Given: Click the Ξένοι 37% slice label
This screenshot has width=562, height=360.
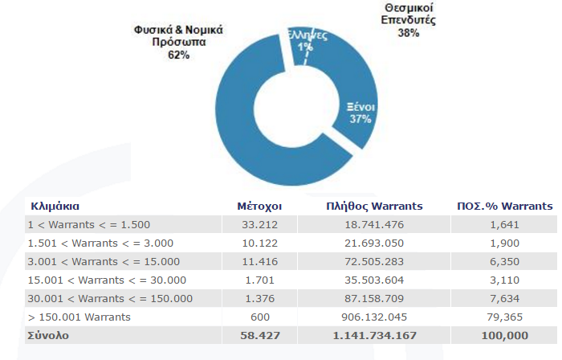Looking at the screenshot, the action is (x=360, y=112).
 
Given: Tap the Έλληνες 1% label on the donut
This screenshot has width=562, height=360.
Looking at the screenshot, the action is (x=307, y=41).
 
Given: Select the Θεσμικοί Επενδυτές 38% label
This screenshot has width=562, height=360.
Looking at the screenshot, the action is (x=408, y=20).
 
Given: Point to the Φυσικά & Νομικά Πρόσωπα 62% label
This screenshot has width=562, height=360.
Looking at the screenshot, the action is (x=178, y=42).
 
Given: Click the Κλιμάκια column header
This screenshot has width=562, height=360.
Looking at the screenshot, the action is (x=55, y=207).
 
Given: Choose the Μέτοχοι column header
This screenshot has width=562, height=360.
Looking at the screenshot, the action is (x=259, y=207).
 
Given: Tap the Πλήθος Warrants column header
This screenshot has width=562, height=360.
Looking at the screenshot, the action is (x=374, y=207).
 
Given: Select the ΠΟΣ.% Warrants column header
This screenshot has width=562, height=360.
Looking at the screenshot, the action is (x=505, y=207).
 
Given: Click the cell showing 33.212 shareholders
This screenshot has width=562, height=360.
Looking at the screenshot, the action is (x=259, y=225).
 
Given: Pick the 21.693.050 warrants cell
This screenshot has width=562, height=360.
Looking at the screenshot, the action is (x=374, y=243).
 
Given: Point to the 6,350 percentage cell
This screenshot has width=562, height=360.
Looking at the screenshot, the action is (x=505, y=262).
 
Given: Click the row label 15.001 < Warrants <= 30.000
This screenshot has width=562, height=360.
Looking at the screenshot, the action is (x=107, y=280).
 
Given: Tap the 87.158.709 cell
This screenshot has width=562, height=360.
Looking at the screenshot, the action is (x=374, y=299).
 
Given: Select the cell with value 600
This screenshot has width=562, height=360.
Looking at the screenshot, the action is (x=260, y=317).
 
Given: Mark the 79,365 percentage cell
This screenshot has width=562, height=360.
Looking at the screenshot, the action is (x=505, y=317).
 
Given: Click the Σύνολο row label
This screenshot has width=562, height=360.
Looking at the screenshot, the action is (x=48, y=336).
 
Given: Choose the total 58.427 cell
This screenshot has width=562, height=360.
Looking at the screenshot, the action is (x=260, y=336).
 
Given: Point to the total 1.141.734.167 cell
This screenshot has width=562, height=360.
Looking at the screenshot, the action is (x=375, y=336).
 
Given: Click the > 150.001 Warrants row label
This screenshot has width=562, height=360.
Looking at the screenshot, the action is (x=79, y=317).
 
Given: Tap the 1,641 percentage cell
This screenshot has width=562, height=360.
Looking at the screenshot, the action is (x=505, y=225).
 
